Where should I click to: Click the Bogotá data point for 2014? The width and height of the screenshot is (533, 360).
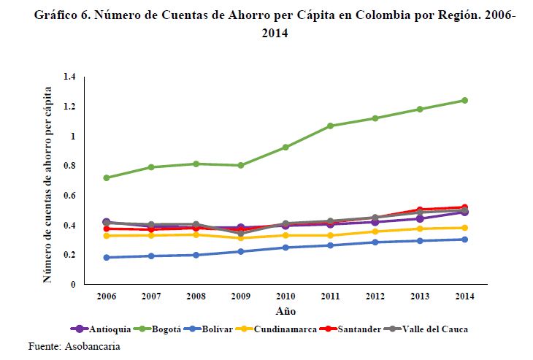click(x=464, y=100)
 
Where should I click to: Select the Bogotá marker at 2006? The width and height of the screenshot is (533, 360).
click(x=107, y=177)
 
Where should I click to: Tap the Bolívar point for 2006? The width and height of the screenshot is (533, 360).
click(x=107, y=258)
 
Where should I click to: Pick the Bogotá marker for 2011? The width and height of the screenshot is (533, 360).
click(x=330, y=126)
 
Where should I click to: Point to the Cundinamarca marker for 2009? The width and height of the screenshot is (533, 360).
click(x=241, y=238)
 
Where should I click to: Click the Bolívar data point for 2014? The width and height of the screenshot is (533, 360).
click(x=464, y=240)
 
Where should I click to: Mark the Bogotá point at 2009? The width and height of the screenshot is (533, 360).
click(x=241, y=165)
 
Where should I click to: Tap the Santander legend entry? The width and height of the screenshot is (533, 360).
click(x=357, y=329)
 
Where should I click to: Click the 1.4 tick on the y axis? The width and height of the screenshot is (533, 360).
click(x=69, y=77)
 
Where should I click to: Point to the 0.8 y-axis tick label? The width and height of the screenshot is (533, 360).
click(x=69, y=166)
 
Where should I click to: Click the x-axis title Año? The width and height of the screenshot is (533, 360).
click(x=285, y=310)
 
